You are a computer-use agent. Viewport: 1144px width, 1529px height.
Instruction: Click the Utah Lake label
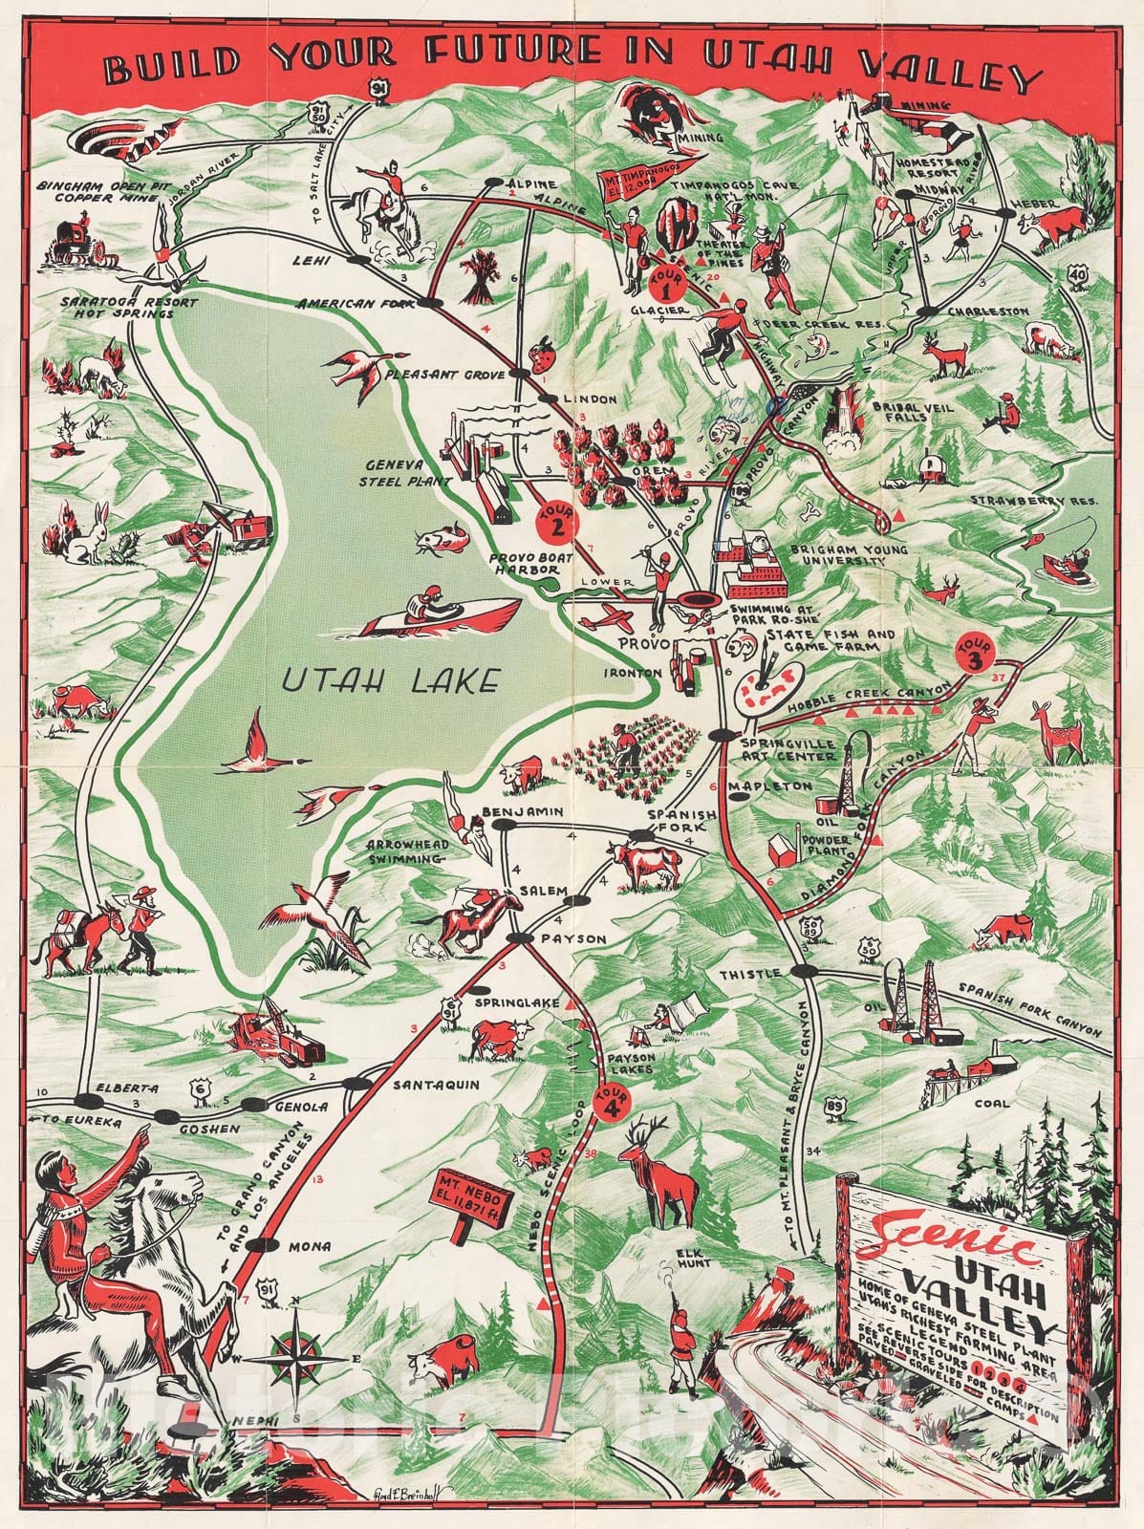392,680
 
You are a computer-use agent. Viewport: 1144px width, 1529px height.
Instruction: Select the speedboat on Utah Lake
444,612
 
